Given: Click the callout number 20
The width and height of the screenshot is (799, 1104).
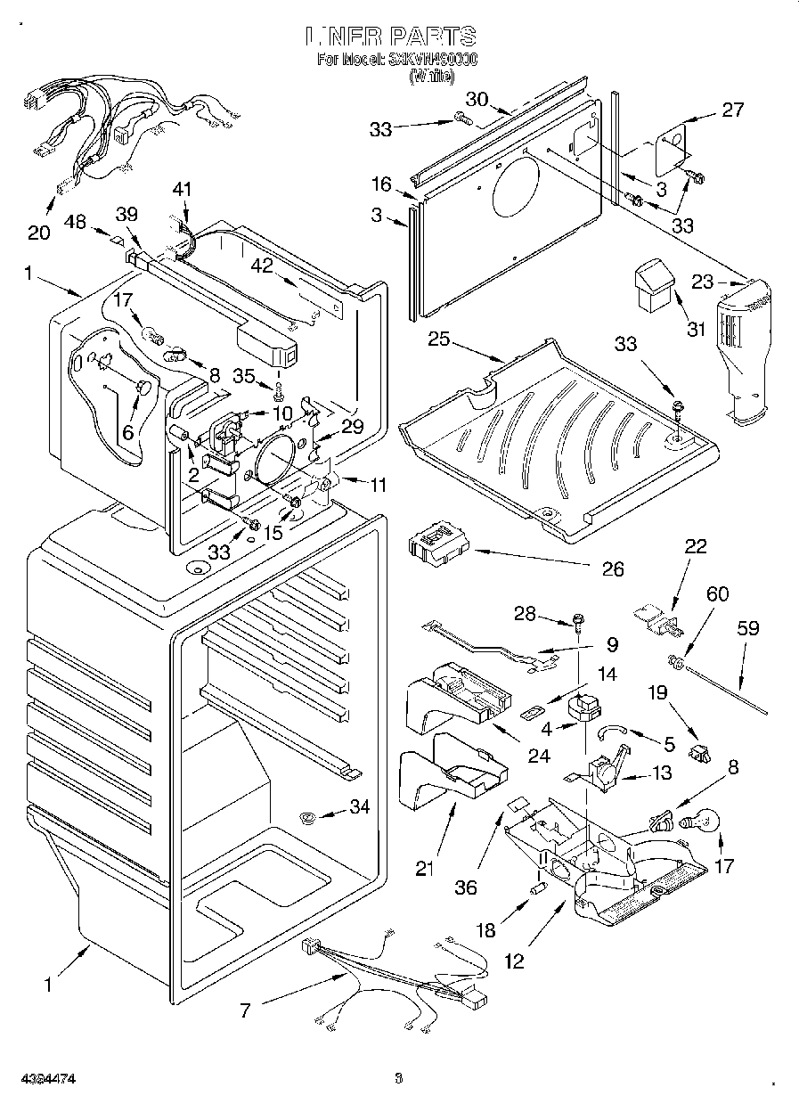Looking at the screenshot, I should tap(38, 233).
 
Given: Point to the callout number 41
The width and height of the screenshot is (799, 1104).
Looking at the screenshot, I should tap(182, 189).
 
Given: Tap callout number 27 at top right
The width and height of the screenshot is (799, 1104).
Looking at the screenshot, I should tap(731, 110).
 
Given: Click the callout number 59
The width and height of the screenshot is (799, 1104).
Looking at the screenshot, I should tap(747, 628).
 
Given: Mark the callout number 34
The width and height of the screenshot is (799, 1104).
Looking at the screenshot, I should tap(359, 807).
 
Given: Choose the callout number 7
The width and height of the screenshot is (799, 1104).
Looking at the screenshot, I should tap(246, 1010).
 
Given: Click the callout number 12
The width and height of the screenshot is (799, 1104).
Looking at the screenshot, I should tap(514, 961).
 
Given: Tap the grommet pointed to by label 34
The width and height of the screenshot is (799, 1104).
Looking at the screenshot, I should tap(308, 817).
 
